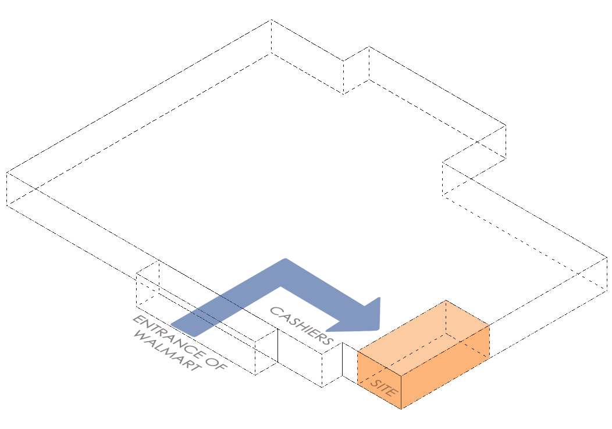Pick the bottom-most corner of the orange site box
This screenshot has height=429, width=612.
402,409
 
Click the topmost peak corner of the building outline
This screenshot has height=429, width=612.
271,20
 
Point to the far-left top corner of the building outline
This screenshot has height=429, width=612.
7,172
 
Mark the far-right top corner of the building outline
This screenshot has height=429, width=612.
607,256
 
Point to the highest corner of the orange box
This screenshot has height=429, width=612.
446,300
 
